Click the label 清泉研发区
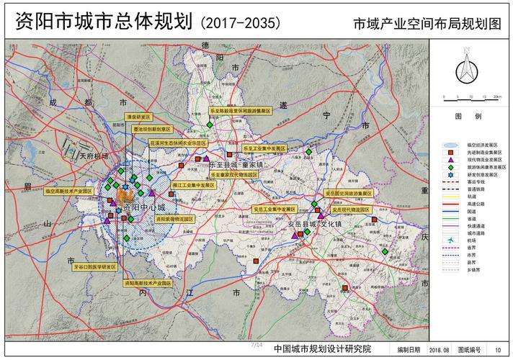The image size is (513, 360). point(138,117)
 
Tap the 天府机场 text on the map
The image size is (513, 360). point(94,156)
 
